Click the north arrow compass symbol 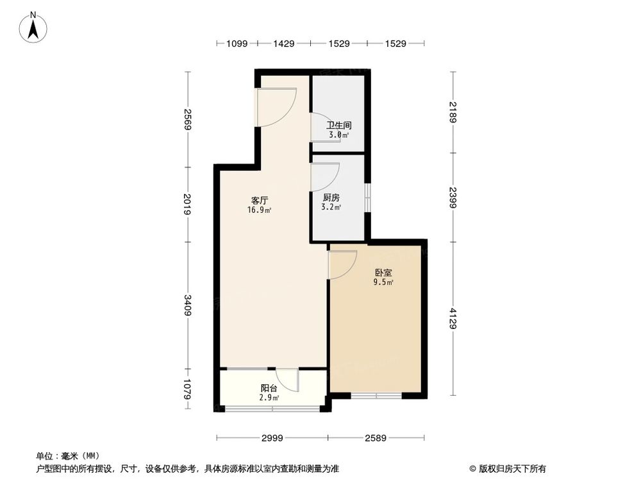tap(32, 27)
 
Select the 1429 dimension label tap(283, 44)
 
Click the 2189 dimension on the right tap(453, 112)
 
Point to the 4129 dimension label tap(453, 319)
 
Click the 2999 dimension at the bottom tap(272, 438)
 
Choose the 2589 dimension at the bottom tap(377, 438)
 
